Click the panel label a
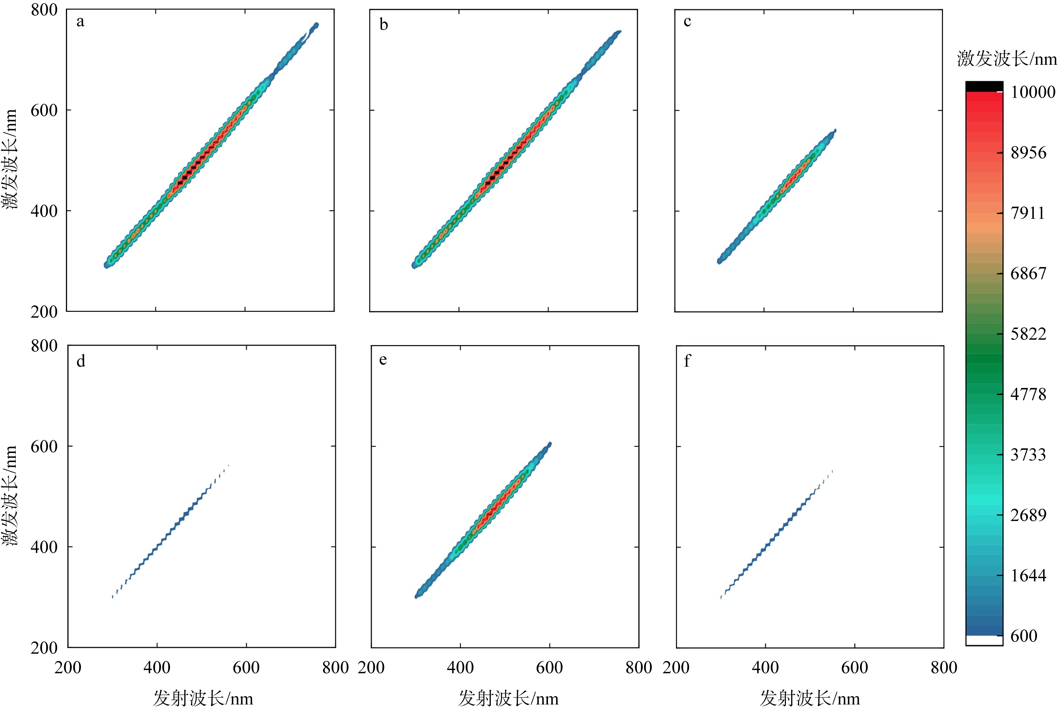pyautogui.click(x=80, y=22)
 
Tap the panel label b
pyautogui.click(x=383, y=25)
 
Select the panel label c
pyautogui.click(x=687, y=22)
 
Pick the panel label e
pyautogui.click(x=383, y=360)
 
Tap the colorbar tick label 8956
pyautogui.click(x=1029, y=153)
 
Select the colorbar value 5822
pyautogui.click(x=1029, y=334)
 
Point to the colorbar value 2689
pyautogui.click(x=1029, y=515)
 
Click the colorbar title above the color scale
pyautogui.click(x=1007, y=59)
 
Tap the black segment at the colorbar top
pyautogui.click(x=984, y=86)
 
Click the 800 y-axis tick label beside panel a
pyautogui.click(x=44, y=10)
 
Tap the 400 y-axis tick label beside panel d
pyautogui.click(x=44, y=547)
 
